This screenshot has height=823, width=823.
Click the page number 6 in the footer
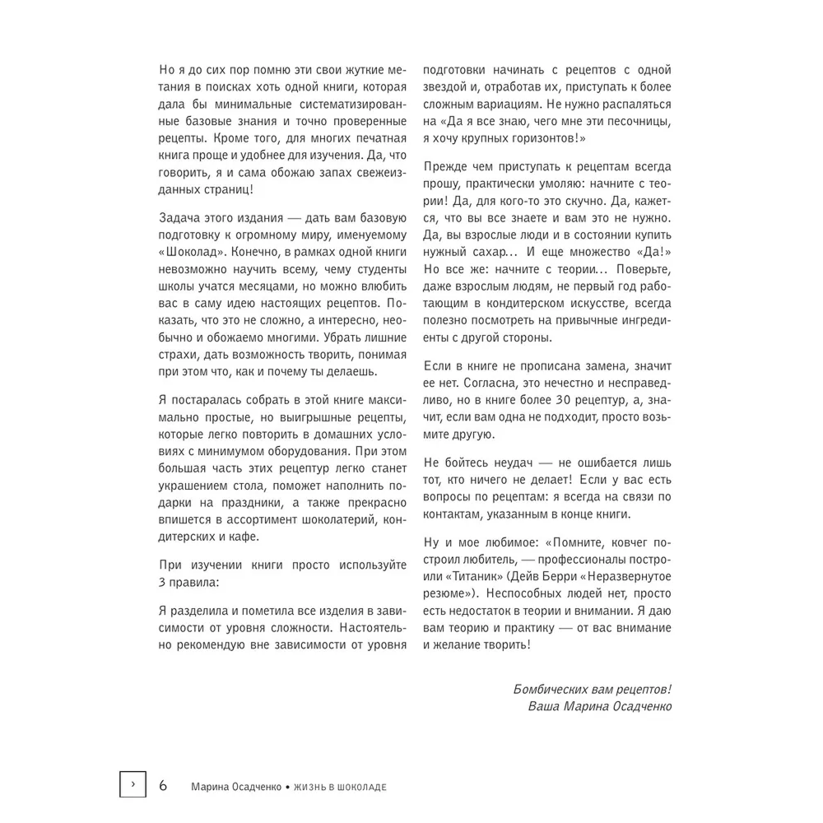[x=163, y=785]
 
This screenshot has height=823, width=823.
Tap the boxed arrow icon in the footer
[x=133, y=785]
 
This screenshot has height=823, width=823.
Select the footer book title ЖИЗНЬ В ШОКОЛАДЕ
[x=338, y=787]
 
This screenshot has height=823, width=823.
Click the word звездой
[x=449, y=88]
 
